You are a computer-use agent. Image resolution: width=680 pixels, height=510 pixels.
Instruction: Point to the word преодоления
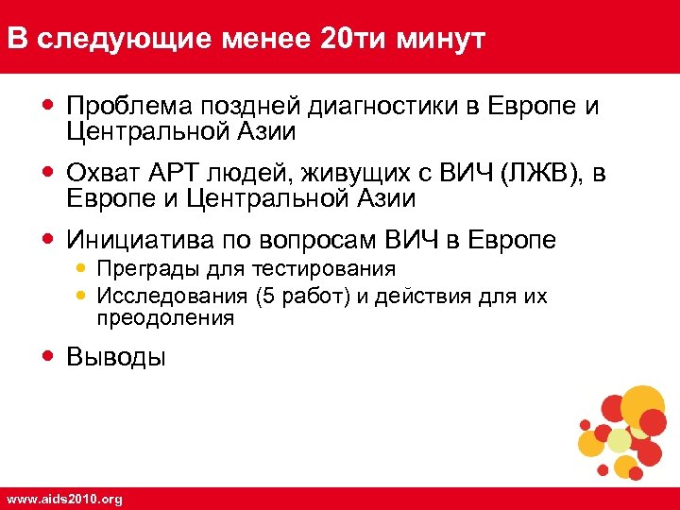pos(164,319)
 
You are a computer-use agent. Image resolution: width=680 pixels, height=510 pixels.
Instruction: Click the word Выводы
pos(115,357)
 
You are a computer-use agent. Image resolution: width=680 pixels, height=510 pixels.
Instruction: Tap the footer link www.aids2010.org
pos(64,499)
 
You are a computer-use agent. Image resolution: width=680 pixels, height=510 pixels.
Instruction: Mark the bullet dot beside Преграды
pos(79,268)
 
